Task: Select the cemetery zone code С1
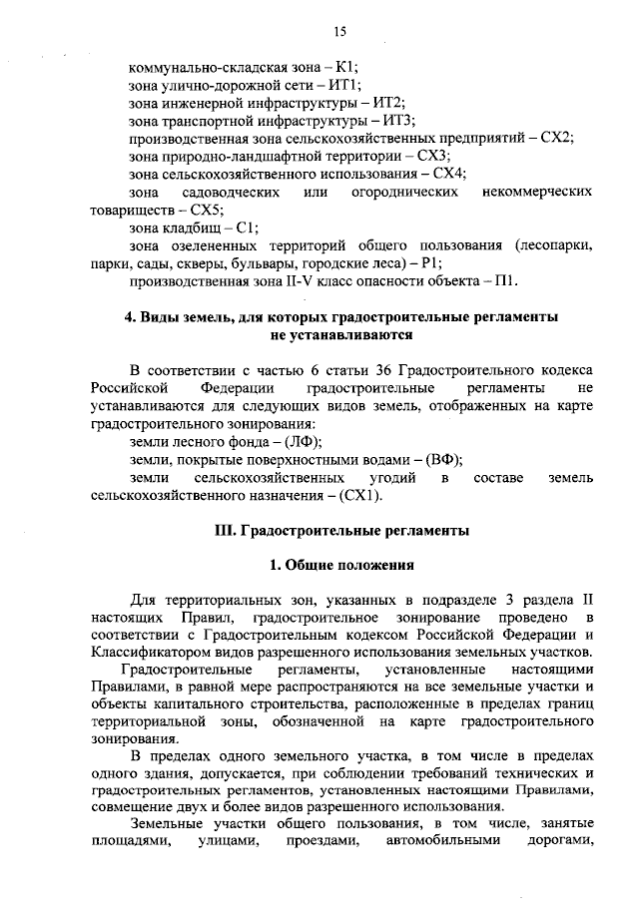tap(247, 228)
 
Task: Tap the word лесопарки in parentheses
tap(560, 245)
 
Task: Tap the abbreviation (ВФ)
tap(443, 458)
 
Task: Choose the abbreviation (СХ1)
tap(360, 494)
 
